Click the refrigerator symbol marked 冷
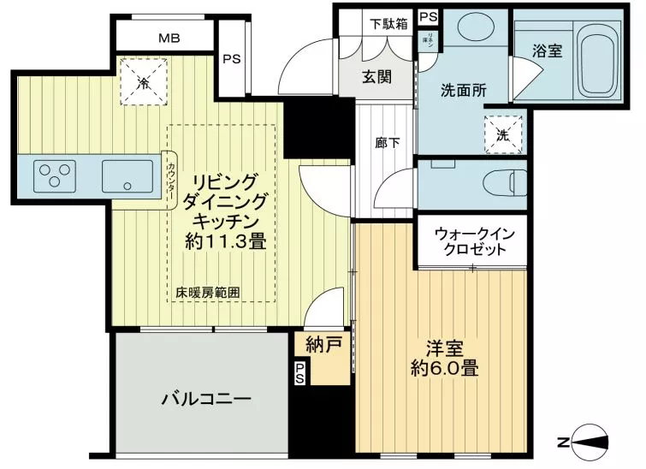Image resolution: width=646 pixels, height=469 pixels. click(x=143, y=83)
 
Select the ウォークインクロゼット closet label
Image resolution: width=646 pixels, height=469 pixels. click(x=471, y=240)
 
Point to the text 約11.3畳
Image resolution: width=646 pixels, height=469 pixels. click(x=225, y=241)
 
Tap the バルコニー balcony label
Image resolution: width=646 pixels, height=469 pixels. click(x=205, y=400)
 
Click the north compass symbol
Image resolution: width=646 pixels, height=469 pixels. click(x=590, y=441)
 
